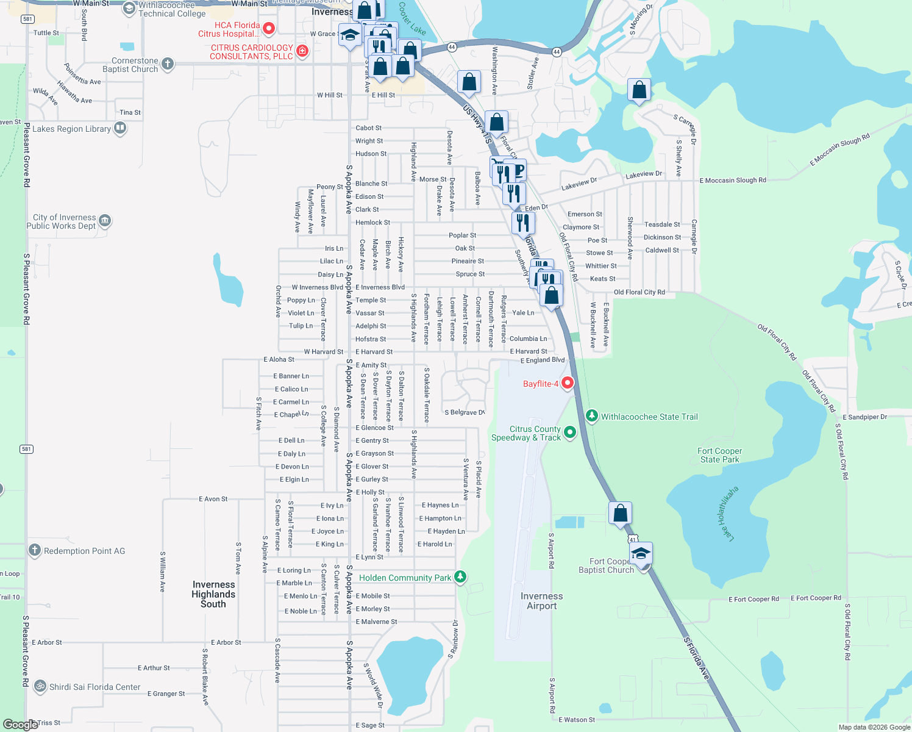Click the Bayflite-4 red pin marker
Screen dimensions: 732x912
568,383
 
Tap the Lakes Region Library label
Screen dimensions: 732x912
72,129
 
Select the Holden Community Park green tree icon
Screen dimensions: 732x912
460,576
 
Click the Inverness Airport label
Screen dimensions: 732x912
541,601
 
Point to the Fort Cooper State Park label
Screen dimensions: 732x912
719,455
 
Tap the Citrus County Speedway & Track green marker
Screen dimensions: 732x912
570,432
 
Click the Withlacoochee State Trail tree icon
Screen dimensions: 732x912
591,416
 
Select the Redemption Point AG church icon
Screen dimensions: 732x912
35,550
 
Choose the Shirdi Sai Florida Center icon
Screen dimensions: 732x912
40,686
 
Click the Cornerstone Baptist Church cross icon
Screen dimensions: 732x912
168,63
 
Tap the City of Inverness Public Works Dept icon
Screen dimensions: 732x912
105,220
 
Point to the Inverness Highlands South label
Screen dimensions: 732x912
213,594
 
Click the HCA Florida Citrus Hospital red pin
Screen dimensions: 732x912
269,28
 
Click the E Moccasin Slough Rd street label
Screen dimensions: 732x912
733,180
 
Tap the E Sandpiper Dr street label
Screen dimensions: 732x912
867,417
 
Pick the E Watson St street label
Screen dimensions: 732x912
577,720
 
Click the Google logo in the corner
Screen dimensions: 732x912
21,725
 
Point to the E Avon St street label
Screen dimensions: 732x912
213,499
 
